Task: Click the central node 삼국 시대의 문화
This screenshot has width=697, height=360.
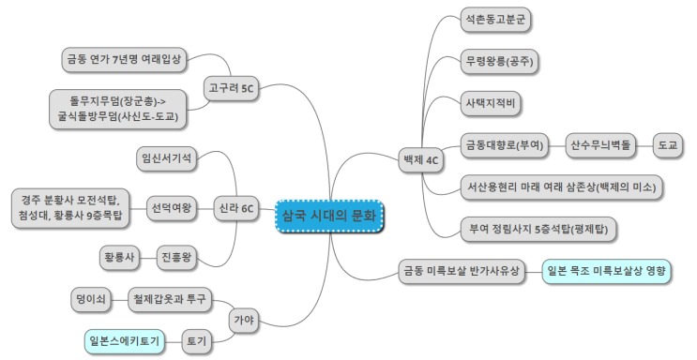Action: coord(329,216)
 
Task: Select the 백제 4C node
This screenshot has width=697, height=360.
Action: coord(420,160)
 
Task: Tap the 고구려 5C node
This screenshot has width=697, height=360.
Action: coord(231,88)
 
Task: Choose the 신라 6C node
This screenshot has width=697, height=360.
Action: coord(236,208)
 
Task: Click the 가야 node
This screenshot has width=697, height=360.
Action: coord(244,320)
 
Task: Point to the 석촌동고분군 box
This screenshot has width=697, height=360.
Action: coord(495,20)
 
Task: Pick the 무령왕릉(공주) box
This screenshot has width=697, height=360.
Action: coord(499,61)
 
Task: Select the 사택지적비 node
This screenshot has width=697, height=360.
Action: coord(491,103)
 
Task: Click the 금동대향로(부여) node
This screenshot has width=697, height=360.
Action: coord(505,145)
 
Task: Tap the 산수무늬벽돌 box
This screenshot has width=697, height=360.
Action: coord(600,145)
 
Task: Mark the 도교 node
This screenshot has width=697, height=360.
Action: coord(668,145)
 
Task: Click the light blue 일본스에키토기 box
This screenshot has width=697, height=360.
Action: coord(125,341)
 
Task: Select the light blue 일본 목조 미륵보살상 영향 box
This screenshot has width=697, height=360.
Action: coord(606,271)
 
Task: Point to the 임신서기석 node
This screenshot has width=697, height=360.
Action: coord(167,158)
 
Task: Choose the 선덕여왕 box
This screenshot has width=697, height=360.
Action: coord(172,208)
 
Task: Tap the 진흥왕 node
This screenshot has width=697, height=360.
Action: coord(177,258)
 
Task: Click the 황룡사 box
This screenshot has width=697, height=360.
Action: coord(119,258)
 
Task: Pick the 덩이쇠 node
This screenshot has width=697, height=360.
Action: coord(91,299)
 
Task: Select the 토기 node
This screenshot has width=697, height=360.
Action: coord(197,341)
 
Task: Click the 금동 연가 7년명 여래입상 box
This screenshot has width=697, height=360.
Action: coord(124,60)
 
